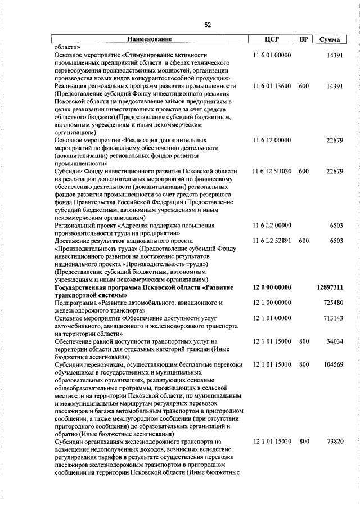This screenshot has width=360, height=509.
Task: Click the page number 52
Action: point(207,25)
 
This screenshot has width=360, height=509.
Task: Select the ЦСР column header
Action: point(272,40)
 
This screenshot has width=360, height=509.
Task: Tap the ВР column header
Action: point(304,40)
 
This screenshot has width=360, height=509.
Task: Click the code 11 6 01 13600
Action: point(272,87)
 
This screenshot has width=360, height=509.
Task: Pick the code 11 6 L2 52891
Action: point(272,241)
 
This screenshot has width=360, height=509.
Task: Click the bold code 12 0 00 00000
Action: point(272,287)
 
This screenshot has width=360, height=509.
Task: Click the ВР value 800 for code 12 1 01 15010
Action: point(304,365)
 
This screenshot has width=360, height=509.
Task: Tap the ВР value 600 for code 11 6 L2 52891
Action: point(304,241)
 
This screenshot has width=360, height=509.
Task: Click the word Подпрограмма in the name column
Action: point(76,303)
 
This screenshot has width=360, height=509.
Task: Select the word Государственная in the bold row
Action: point(84,287)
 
